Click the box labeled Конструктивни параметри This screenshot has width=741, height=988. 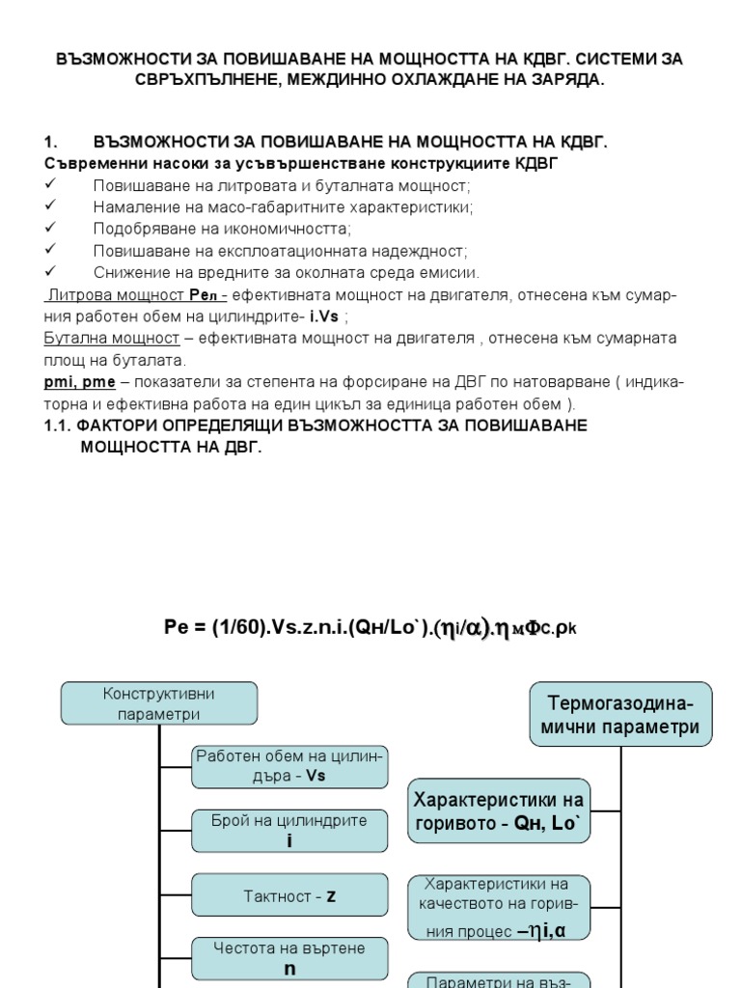click(x=159, y=703)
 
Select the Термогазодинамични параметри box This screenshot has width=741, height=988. click(x=621, y=714)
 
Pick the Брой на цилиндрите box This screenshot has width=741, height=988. click(x=289, y=831)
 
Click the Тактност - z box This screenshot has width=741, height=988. click(x=289, y=896)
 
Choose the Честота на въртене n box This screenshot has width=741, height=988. click(x=289, y=958)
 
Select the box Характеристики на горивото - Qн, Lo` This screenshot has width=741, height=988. click(x=499, y=810)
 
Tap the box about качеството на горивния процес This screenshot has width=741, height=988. click(x=499, y=907)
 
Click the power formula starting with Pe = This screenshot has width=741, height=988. click(x=370, y=628)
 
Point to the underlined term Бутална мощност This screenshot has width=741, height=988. click(x=112, y=339)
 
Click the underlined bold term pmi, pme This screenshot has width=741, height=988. click(x=80, y=383)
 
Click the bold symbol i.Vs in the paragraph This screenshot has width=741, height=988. click(x=324, y=316)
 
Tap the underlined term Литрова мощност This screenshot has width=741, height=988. click(x=114, y=295)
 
